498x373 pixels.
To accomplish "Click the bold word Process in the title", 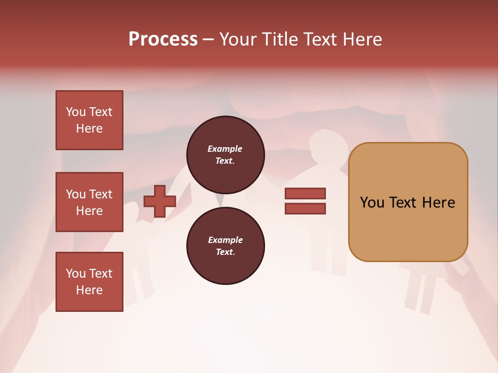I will point(163,39).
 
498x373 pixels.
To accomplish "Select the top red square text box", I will point(89,120).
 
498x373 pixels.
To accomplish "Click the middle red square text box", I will point(89,202).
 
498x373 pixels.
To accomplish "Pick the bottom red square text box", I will point(89,282).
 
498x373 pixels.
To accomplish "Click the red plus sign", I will point(160,202).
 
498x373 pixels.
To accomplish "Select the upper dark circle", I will point(225,155).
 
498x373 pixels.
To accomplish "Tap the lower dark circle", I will point(225,246).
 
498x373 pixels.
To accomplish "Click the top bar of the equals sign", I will point(305,194).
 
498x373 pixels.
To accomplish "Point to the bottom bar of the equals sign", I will point(305,209).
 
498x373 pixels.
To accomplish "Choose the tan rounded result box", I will point(408,202).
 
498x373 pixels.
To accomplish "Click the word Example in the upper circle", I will point(225,149).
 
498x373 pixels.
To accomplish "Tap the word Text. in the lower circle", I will point(225,252).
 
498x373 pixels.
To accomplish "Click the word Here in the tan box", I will point(438,203).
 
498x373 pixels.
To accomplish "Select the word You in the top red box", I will point(76,112).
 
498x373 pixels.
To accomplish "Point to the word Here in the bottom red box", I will point(89,290).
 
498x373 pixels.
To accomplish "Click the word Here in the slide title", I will point(363,39).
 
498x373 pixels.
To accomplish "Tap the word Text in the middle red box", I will point(101,194).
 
